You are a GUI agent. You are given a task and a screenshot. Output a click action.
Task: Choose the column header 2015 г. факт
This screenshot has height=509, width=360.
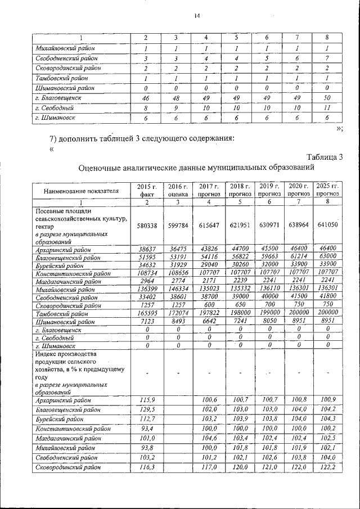click(x=147, y=190)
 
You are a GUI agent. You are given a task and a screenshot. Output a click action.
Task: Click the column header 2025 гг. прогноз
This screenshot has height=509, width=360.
click(x=327, y=190)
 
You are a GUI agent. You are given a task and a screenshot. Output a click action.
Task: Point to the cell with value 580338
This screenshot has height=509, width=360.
click(x=147, y=224)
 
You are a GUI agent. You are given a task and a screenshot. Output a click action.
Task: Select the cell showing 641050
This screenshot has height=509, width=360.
click(x=327, y=224)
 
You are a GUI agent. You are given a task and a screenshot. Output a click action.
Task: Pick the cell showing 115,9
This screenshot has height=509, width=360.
click(x=147, y=399)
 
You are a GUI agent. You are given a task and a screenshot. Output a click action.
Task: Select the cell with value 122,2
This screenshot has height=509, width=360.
click(x=327, y=467)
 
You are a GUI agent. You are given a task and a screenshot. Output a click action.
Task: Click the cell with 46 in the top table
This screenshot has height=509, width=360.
click(x=145, y=97)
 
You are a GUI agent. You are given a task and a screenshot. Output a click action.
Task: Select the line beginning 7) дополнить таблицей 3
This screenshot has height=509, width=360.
click(x=141, y=139)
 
